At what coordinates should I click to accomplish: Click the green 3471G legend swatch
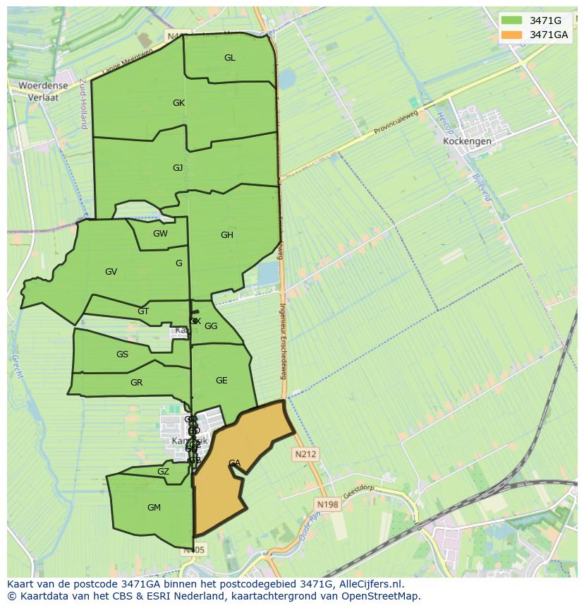(513, 20)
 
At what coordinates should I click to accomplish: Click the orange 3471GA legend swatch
(513, 35)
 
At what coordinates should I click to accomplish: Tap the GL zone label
(230, 58)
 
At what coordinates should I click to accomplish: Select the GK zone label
(178, 103)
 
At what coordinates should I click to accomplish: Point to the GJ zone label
(178, 168)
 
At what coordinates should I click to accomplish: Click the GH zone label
(226, 235)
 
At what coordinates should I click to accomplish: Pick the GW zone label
(160, 234)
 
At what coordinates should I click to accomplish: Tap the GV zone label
(111, 272)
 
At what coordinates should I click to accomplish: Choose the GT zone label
(143, 311)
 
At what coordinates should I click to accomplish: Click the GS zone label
(122, 354)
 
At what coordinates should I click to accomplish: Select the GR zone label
(137, 383)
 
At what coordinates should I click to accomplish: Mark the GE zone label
(221, 381)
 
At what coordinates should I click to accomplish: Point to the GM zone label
(154, 508)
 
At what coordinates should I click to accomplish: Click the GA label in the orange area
(234, 463)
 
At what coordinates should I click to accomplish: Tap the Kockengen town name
(467, 141)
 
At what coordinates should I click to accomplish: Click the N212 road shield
(305, 455)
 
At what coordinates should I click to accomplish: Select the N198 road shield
(327, 504)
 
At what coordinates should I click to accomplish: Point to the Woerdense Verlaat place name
(43, 92)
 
